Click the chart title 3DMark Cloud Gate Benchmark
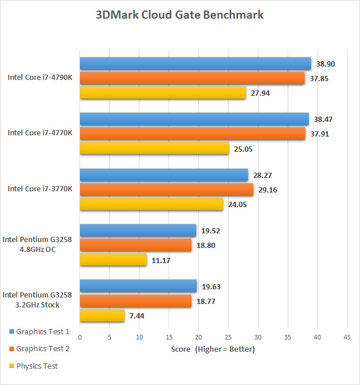tap(179, 15)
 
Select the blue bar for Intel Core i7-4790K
tap(195, 64)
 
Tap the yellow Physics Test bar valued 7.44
tap(102, 316)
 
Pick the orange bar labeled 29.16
tap(166, 190)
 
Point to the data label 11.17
tap(160, 260)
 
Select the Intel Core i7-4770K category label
tap(40, 133)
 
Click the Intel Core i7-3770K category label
tap(40, 189)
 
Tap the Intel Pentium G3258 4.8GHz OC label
tap(38, 244)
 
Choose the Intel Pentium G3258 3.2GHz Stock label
tap(38, 300)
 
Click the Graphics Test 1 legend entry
tap(43, 332)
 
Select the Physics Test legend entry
tap(37, 366)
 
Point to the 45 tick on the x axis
tap(347, 337)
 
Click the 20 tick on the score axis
tap(198, 337)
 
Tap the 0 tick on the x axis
tap(80, 337)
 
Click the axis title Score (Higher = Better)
tap(213, 349)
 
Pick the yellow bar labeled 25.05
tap(154, 148)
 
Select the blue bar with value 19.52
tap(138, 230)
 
